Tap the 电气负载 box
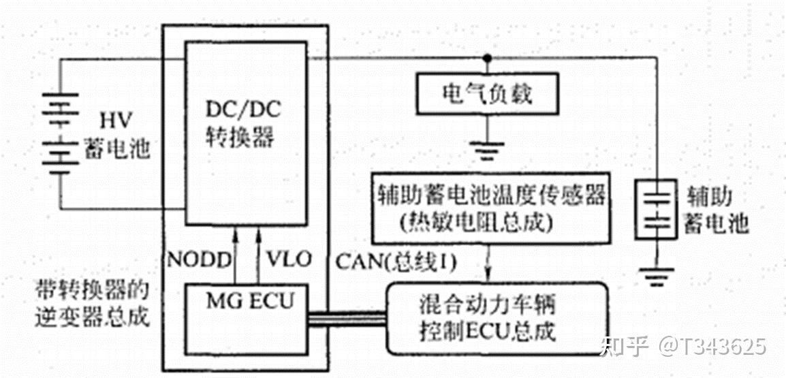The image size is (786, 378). (x=486, y=93)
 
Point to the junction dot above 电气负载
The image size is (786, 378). (x=486, y=58)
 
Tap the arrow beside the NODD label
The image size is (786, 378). (x=235, y=255)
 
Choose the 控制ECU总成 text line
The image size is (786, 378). (x=488, y=332)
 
